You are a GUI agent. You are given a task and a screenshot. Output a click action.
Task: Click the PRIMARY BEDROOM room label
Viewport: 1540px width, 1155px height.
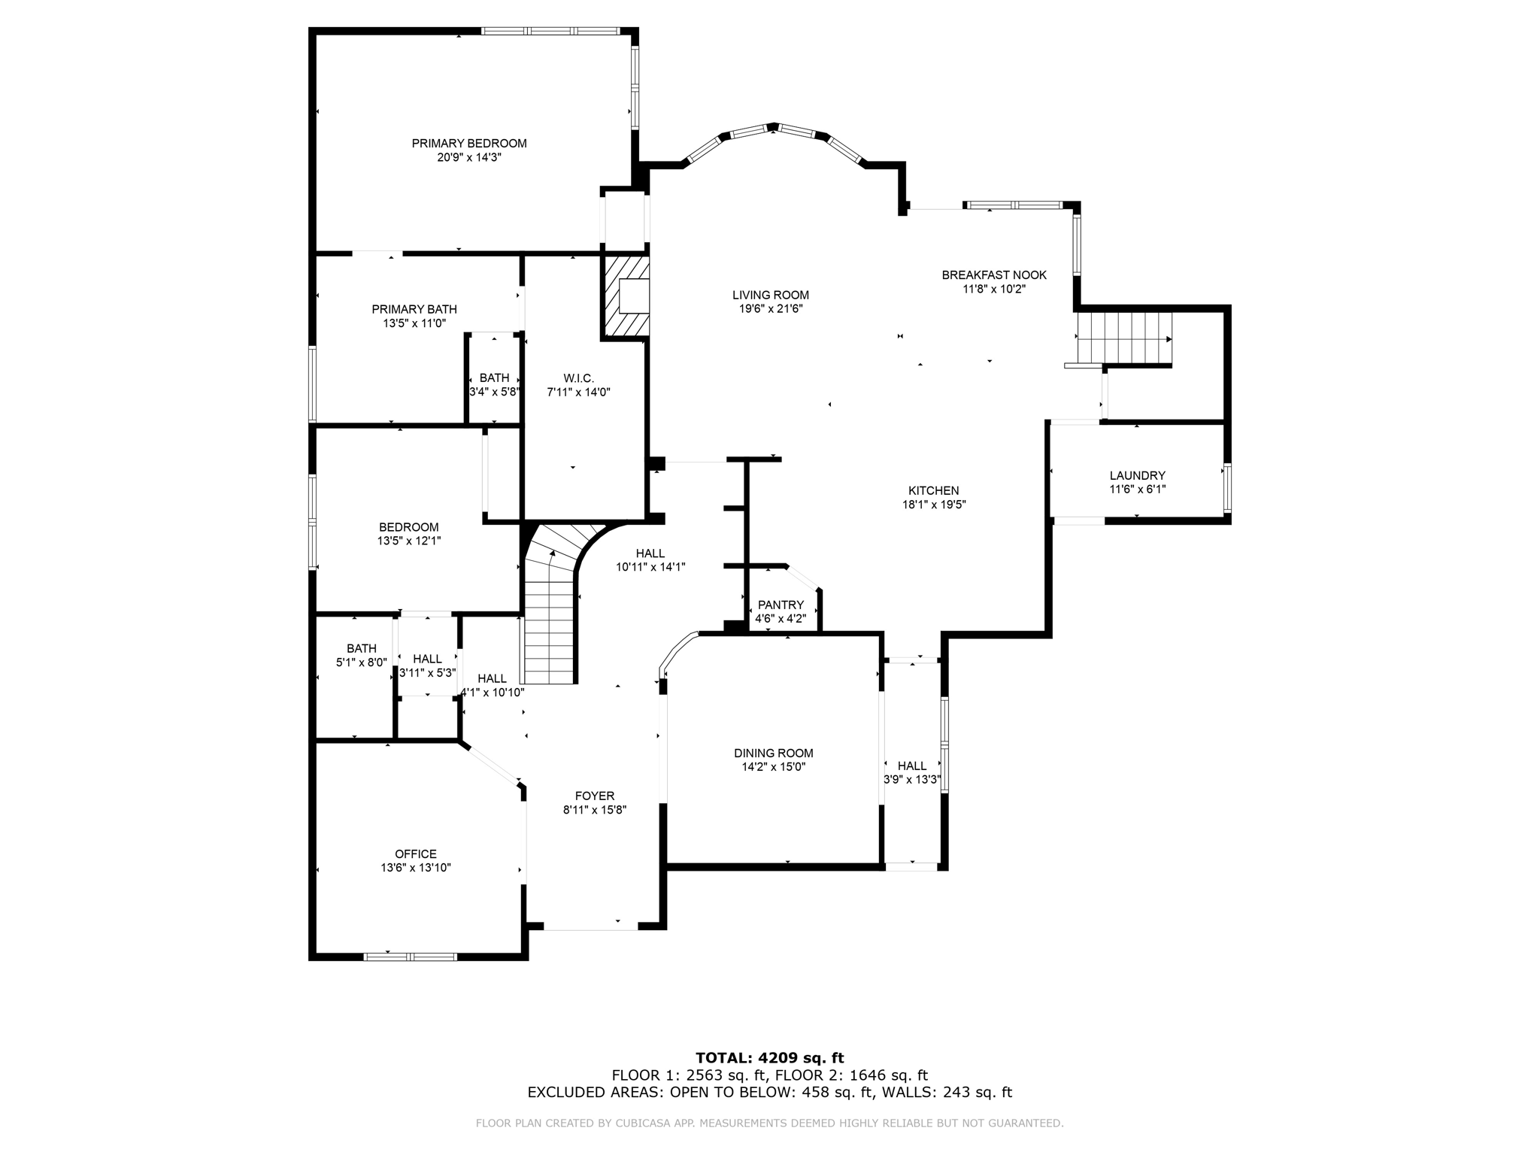click(468, 143)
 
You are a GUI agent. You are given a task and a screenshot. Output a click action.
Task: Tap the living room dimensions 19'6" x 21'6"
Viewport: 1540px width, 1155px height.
click(771, 308)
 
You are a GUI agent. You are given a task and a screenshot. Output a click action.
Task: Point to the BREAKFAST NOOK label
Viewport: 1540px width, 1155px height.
click(994, 275)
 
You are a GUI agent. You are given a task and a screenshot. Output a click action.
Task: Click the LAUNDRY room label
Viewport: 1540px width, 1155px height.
click(1137, 475)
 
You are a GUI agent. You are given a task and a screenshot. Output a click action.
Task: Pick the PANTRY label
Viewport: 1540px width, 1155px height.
click(781, 605)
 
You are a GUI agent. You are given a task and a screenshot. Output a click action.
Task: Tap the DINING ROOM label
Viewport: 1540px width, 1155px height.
click(774, 753)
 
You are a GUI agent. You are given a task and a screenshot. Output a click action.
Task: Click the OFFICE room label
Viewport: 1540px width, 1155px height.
click(415, 853)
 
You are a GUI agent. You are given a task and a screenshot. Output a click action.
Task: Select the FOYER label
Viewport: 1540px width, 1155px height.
click(594, 796)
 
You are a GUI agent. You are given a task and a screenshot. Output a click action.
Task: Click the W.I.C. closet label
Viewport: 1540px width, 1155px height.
click(578, 377)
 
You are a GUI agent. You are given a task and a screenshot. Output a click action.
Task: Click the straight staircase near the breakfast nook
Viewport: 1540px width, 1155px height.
click(1123, 338)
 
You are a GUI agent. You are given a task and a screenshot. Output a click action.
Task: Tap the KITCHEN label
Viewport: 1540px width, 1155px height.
click(933, 490)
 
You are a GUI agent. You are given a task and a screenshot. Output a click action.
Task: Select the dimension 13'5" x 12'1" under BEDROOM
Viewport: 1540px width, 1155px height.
click(408, 541)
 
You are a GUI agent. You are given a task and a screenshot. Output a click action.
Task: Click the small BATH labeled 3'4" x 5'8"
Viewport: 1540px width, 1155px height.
click(494, 378)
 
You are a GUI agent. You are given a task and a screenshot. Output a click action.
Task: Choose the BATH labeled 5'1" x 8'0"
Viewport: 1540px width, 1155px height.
click(361, 648)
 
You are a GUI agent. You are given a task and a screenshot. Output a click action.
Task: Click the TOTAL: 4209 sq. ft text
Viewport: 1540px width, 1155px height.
click(769, 1058)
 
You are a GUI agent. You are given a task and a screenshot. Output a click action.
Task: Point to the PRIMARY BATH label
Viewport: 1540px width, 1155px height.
click(414, 309)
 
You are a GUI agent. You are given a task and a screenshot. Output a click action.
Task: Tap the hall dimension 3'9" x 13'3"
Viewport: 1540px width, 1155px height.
click(911, 780)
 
